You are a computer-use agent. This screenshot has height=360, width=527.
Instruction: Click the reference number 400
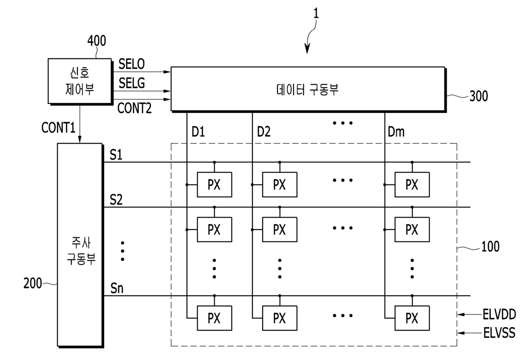click(x=97, y=41)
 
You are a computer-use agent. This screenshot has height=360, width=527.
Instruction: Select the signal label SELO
click(x=131, y=64)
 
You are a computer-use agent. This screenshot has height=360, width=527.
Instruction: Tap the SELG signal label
click(x=132, y=83)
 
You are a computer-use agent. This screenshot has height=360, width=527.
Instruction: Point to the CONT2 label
click(x=134, y=108)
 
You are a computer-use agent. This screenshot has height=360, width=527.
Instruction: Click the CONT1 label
click(x=58, y=128)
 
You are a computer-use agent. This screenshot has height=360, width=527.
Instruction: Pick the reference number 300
click(x=479, y=96)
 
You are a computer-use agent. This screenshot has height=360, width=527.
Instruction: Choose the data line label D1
click(x=198, y=132)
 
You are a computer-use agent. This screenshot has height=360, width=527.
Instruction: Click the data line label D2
click(x=264, y=132)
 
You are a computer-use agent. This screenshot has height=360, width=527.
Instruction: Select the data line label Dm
click(x=396, y=132)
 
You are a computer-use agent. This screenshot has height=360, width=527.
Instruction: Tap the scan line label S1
click(x=116, y=155)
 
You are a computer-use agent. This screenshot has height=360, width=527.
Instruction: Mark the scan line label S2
click(x=116, y=200)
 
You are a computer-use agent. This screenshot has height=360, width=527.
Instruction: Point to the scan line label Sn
click(x=117, y=288)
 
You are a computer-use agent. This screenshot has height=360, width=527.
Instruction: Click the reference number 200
click(x=33, y=283)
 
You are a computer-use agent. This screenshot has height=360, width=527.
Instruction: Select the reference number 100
click(x=490, y=247)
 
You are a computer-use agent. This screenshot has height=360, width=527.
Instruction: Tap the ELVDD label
click(x=499, y=315)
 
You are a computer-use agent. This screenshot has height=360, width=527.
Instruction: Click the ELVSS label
click(x=499, y=333)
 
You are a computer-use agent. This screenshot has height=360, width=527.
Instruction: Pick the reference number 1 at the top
click(x=316, y=13)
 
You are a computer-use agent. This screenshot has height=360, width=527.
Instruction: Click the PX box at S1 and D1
click(x=214, y=184)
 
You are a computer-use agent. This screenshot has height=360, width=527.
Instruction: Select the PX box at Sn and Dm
click(x=412, y=318)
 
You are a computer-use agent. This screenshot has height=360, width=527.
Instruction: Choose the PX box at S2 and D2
click(x=280, y=230)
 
